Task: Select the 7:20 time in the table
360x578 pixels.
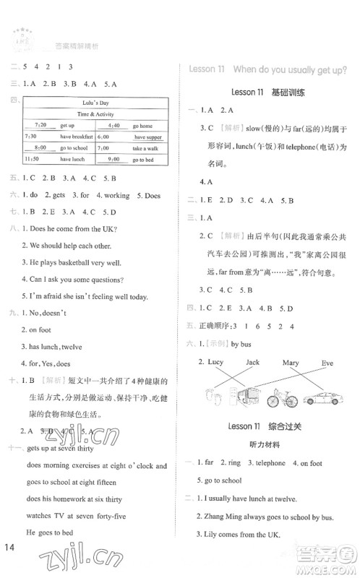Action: point(40,124)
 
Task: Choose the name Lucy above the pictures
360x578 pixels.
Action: point(215,362)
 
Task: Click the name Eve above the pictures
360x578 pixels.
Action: point(327,362)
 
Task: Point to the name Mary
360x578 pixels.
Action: point(290,362)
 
